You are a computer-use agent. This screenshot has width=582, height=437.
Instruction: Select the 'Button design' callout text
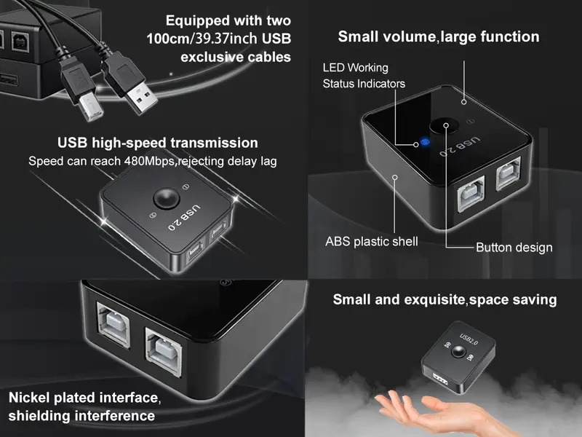point(514,247)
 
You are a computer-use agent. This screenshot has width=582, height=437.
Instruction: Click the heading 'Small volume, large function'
point(439,36)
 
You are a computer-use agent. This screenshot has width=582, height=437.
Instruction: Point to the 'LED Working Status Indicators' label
point(363,76)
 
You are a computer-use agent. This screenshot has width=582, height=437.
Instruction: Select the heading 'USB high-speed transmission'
point(157,143)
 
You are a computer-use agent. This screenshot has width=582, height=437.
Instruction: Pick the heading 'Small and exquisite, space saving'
point(445,299)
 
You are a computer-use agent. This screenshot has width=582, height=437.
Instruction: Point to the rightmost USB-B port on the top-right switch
point(511,179)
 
